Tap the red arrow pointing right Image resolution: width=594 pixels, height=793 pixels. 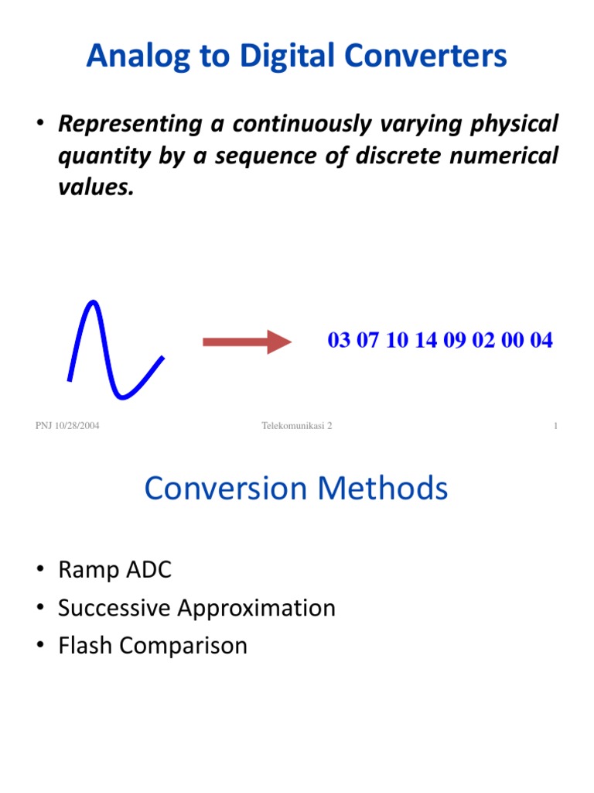(x=245, y=342)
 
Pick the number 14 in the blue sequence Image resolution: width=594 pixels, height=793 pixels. (x=426, y=341)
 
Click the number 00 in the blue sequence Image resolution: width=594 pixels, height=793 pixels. (x=512, y=341)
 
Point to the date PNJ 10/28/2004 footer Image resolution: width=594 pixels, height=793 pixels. (x=67, y=426)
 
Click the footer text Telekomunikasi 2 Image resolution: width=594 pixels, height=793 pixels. (x=296, y=426)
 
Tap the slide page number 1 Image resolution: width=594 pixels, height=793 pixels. (x=555, y=426)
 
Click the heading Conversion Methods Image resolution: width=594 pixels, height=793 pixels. (x=296, y=489)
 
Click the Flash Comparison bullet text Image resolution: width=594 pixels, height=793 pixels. (x=152, y=645)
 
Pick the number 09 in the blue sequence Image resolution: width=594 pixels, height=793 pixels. (x=455, y=341)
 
